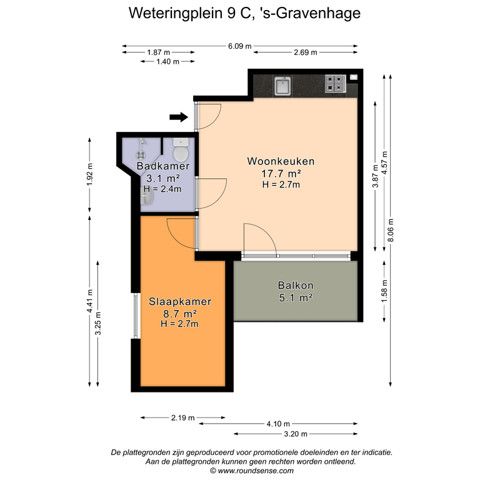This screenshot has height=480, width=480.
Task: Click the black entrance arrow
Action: pos(179,117)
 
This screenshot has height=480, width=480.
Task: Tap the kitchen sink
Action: pos(283,86)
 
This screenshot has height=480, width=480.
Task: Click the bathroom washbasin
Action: pos(146,196)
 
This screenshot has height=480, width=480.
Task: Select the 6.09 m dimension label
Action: pos(240,46)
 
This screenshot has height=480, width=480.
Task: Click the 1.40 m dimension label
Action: pos(167,61)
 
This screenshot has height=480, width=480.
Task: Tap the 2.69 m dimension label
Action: pos(306,52)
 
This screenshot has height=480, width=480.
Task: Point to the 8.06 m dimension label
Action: pos(391,230)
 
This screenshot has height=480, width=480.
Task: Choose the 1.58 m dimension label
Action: pos(384,291)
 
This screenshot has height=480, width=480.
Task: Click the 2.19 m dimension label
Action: pos(182,417)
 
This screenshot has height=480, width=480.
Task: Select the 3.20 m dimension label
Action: pos(296,434)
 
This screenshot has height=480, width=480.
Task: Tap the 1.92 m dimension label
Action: pos(90,174)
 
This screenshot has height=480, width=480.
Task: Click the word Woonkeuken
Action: pos(281,161)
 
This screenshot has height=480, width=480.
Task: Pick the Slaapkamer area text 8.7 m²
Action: pos(180,314)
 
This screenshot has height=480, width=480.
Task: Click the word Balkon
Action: pos(296,285)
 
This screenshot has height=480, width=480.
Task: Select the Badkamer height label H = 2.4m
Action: pos(162,189)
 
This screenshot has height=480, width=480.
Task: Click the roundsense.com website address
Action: pos(256,471)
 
